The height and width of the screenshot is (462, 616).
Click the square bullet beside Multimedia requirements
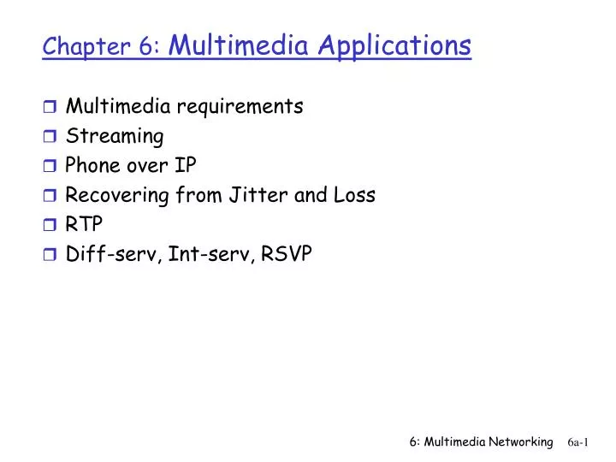[50, 107]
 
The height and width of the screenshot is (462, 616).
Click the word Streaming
[115, 137]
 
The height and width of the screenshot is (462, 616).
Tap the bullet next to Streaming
[50, 137]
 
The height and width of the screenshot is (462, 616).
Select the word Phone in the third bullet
[92, 166]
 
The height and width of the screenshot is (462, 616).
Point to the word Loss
[352, 195]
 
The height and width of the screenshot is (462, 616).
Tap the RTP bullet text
[84, 224]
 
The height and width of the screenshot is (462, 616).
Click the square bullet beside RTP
[50, 225]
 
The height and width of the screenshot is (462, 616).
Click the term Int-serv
[199, 254]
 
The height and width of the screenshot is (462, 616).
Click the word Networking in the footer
[520, 441]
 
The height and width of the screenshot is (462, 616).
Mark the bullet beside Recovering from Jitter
[50, 196]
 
